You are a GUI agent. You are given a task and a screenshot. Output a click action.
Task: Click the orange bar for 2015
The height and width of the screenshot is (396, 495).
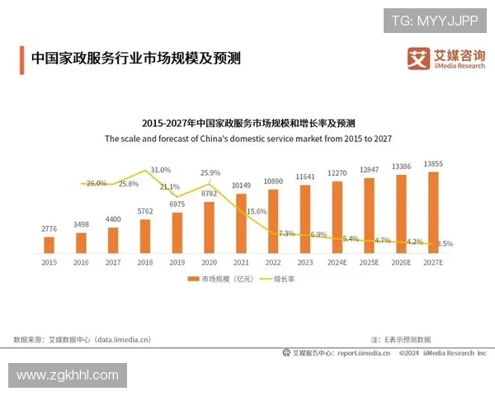pyautogui.click(x=49, y=244)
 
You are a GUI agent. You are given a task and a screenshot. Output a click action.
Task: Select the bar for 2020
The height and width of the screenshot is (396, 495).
pyautogui.click(x=209, y=227)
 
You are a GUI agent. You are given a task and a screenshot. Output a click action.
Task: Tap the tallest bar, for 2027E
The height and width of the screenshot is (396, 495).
pyautogui.click(x=433, y=211)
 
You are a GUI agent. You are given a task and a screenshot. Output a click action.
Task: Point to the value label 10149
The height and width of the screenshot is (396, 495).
pyautogui.click(x=241, y=185)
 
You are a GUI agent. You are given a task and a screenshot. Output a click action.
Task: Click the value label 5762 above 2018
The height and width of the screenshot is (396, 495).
pyautogui.click(x=145, y=211)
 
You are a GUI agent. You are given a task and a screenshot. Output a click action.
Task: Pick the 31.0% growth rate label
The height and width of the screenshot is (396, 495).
pyautogui.click(x=160, y=169)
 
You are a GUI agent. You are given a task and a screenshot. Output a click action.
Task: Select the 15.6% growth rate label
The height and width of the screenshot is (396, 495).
pyautogui.click(x=257, y=211)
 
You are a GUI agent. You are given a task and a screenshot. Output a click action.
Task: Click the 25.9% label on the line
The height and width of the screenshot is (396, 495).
pyautogui.click(x=210, y=173)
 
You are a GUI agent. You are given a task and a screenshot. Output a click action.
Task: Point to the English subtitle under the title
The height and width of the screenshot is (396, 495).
pyautogui.click(x=247, y=139)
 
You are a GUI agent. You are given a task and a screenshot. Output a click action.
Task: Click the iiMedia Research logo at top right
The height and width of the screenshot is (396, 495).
pyautogui.click(x=445, y=59)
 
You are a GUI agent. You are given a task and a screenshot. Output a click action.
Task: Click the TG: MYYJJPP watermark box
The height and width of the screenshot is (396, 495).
pyautogui.click(x=434, y=20)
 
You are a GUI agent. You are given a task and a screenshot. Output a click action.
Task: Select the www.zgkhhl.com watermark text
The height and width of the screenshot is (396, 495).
pyautogui.click(x=68, y=375)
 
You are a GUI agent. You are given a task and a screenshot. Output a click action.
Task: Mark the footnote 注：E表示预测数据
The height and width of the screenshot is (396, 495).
pyautogui.click(x=401, y=339)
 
